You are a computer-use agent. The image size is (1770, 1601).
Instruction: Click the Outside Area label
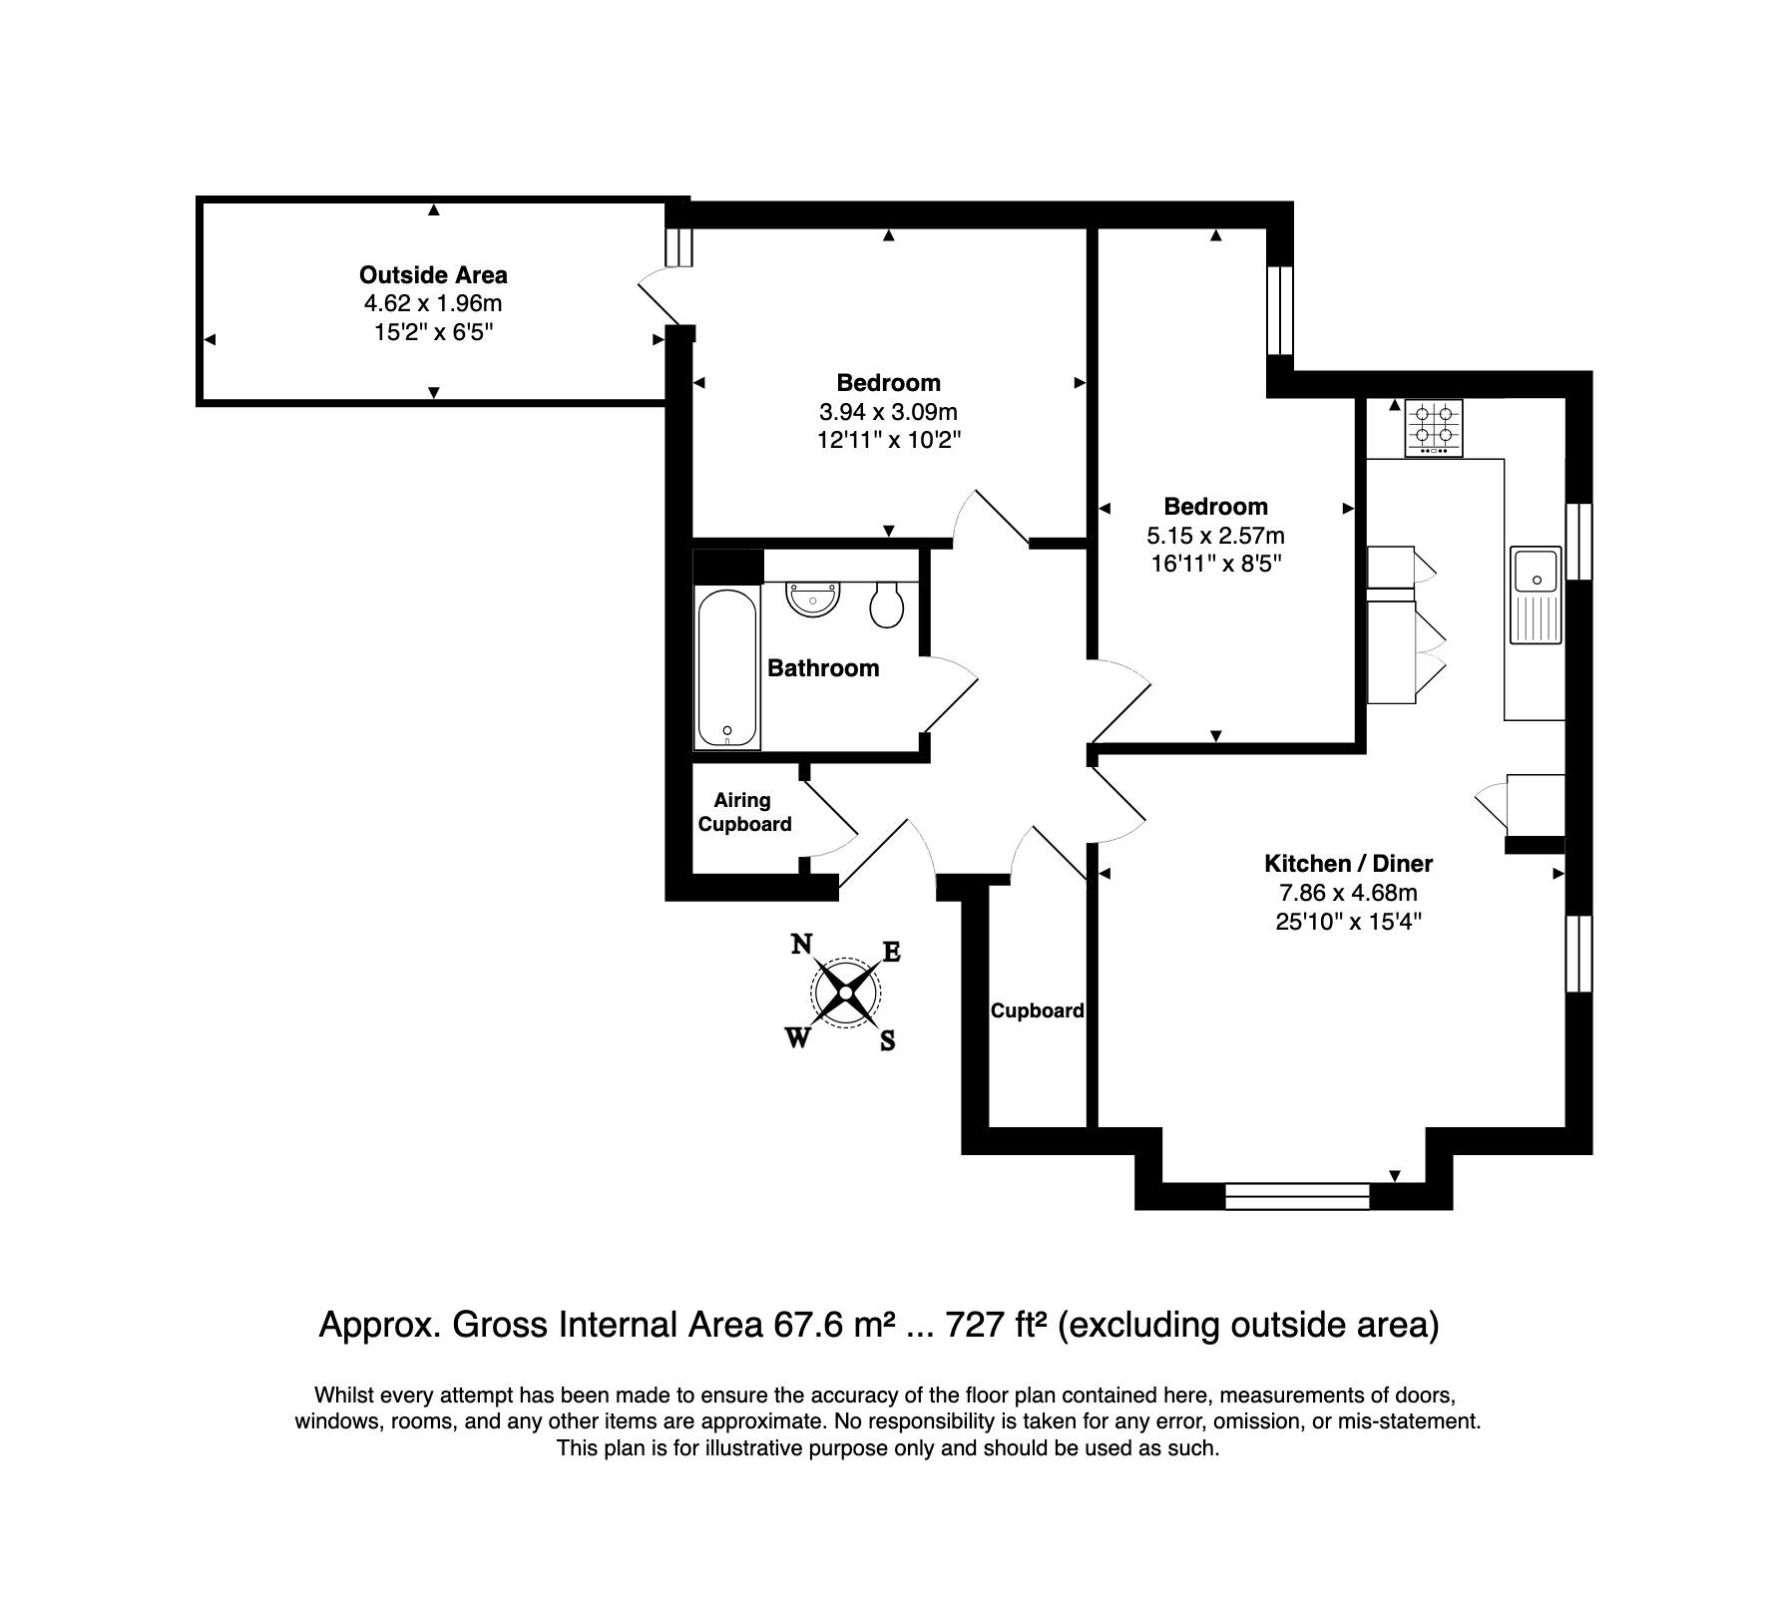pos(433,274)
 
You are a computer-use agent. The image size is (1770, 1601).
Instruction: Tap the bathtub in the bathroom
pos(727,667)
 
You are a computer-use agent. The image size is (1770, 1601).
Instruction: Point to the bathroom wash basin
pos(814,600)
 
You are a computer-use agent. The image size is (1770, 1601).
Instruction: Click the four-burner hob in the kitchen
pos(1434,428)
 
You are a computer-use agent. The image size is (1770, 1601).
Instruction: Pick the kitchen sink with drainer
pos(1536,595)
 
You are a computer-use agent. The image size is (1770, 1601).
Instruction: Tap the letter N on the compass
pos(800,944)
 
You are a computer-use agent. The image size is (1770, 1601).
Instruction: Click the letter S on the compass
pos(887,1041)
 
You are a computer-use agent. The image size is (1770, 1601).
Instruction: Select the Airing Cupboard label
pos(744,812)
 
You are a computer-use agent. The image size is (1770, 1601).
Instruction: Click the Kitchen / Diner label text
pos(1348,864)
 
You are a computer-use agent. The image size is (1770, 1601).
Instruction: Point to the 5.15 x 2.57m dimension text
pos(1215,536)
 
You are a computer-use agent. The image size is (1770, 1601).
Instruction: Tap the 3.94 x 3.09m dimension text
pos(888,411)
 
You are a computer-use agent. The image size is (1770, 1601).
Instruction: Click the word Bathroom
pos(823,668)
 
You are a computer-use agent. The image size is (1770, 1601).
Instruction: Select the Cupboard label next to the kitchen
pos(1038,1010)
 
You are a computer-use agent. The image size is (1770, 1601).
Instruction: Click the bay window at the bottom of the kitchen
pos(1298,1196)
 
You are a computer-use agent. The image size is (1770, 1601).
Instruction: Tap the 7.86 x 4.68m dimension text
pos(1348,893)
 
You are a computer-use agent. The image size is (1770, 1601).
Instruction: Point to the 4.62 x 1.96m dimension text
pos(433,303)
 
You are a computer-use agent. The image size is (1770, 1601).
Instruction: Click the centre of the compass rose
pos(846,993)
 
